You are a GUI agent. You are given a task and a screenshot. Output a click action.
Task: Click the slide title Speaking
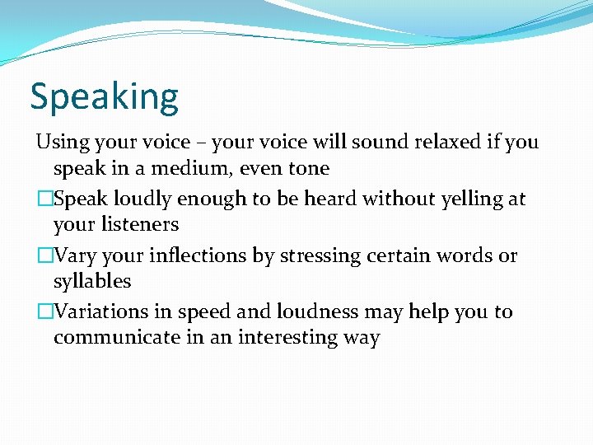104,97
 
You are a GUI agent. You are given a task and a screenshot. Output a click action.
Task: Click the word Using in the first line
63,142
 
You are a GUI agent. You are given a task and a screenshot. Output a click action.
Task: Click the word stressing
317,255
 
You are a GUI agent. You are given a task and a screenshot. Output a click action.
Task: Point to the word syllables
92,281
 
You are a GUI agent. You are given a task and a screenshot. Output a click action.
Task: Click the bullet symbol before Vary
44,255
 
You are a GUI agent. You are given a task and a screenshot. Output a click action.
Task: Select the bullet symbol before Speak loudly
44,199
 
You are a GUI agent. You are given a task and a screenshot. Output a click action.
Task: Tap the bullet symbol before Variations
44,311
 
